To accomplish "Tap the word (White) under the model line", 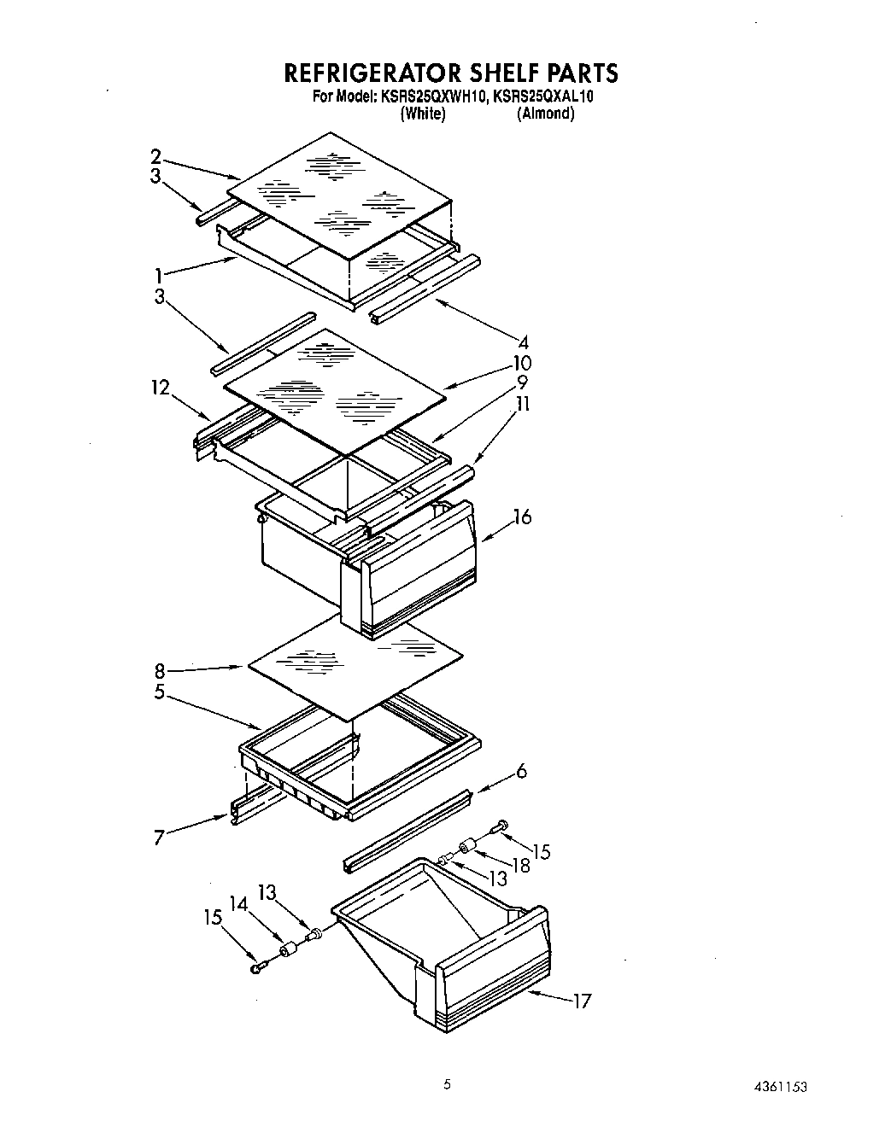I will coord(423,114).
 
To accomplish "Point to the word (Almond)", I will coord(545,114).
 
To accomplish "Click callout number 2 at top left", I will coord(155,155).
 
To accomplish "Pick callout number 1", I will coord(158,275).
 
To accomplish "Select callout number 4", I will coord(525,344).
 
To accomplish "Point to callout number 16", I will coord(522,517).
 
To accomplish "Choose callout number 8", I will coord(160,671).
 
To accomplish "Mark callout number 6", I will coord(521,772).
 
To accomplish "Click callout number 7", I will coord(159,838).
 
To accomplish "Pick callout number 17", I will coord(581,1001).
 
